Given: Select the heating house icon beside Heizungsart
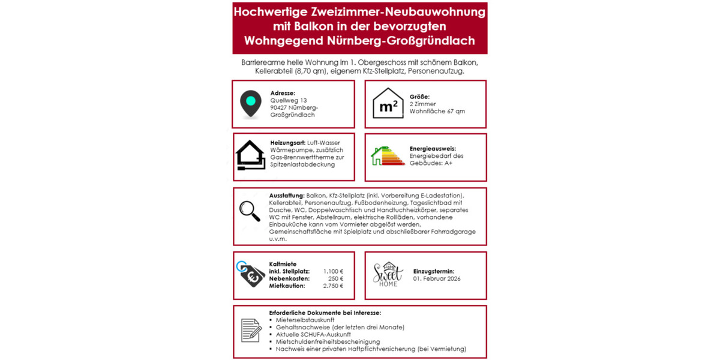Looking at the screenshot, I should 251,156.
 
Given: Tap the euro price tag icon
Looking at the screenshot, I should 249,276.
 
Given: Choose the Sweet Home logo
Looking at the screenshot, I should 388,275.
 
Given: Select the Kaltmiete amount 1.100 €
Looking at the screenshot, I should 333,271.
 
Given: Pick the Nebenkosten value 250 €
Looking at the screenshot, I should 337,278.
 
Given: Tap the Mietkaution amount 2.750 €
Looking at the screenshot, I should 333,286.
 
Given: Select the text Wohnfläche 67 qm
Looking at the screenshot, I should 437,111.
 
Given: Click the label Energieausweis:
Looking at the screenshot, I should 433,148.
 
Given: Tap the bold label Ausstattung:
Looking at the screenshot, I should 287,196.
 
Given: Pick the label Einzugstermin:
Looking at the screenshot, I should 434,271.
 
